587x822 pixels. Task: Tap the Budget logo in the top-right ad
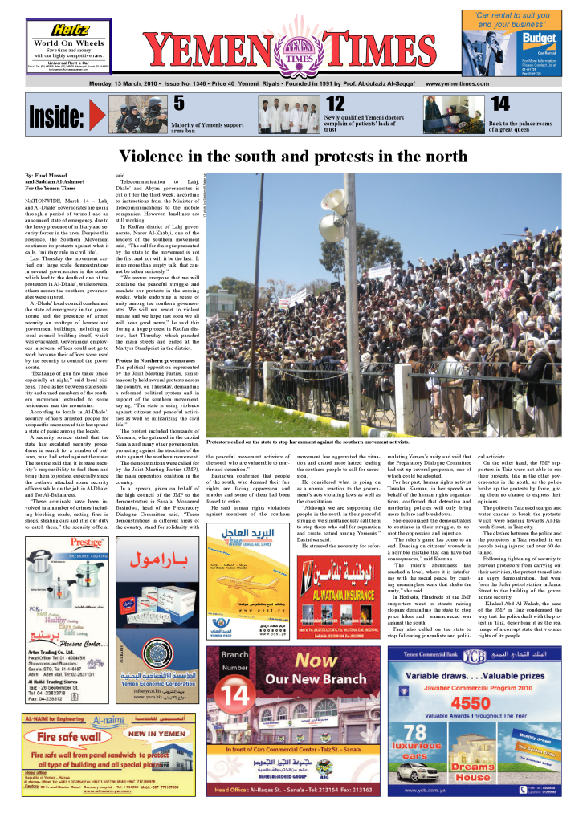coord(540,38)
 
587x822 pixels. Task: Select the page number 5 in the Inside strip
coord(179,104)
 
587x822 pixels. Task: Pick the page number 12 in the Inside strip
coord(335,104)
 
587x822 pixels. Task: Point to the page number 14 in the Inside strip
coord(499,104)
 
